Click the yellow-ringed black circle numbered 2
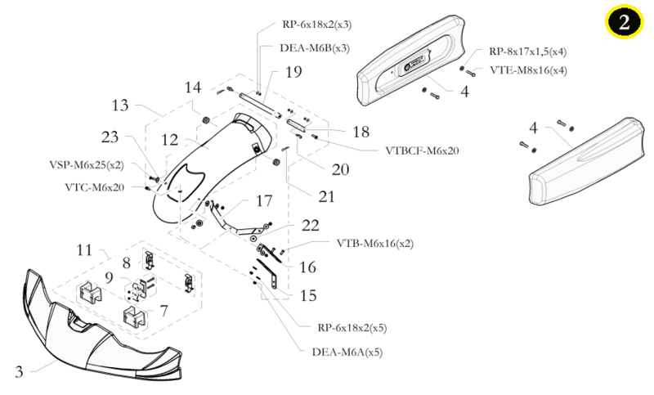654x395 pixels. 624,21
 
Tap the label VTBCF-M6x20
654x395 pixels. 422,150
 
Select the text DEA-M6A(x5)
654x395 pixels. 347,352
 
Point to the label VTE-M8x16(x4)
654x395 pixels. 528,70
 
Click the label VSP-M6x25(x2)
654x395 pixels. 87,164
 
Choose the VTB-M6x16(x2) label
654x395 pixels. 375,243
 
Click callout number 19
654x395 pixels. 293,72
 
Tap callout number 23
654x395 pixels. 110,137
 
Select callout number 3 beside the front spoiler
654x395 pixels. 19,371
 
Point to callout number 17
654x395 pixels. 263,201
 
